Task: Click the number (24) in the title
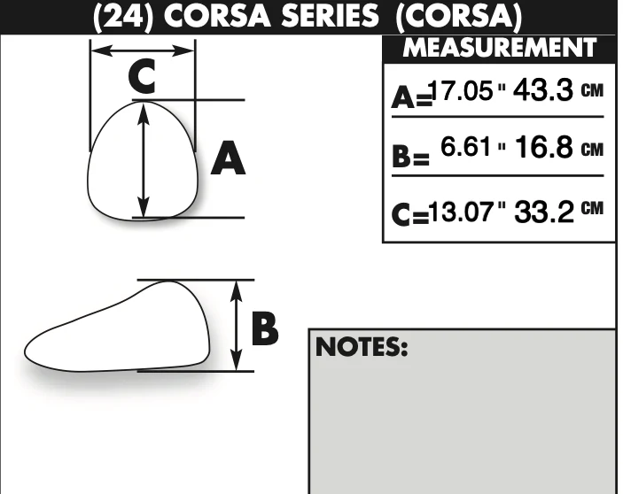pos(123,17)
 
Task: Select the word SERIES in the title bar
pos(331,16)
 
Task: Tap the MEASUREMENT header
pos(500,48)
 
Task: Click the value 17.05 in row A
pos(462,90)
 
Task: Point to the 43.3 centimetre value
pos(543,90)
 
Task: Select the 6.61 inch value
pos(465,146)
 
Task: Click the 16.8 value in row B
pos(544,147)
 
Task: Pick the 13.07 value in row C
pos(462,211)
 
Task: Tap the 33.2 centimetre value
pos(544,212)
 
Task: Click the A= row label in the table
pos(411,97)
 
